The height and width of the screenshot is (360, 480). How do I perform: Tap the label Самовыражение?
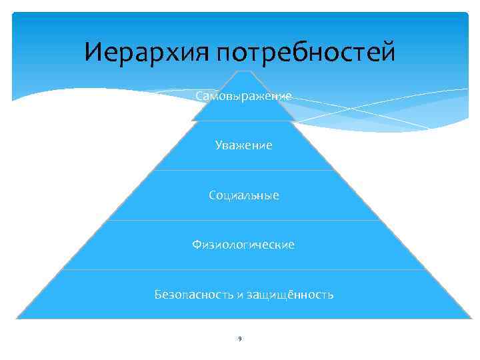coord(243,97)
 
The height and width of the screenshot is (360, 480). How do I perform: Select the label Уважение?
coord(243,145)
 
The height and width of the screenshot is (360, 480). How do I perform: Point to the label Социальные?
coord(243,195)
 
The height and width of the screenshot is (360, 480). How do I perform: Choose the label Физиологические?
coord(243,245)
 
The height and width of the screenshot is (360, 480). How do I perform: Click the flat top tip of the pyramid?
coord(244,71)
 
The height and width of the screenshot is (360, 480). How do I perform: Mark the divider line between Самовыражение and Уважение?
coord(244,121)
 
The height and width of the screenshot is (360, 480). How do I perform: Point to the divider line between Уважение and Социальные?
coord(244,170)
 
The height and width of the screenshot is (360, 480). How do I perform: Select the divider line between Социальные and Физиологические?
coord(244,220)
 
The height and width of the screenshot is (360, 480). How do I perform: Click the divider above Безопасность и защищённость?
coord(244,269)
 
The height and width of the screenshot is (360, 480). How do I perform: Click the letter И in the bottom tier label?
coord(237,295)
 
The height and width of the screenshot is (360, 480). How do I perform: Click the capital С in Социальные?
coord(211,195)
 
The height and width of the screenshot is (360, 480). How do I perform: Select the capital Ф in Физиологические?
coord(197,245)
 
